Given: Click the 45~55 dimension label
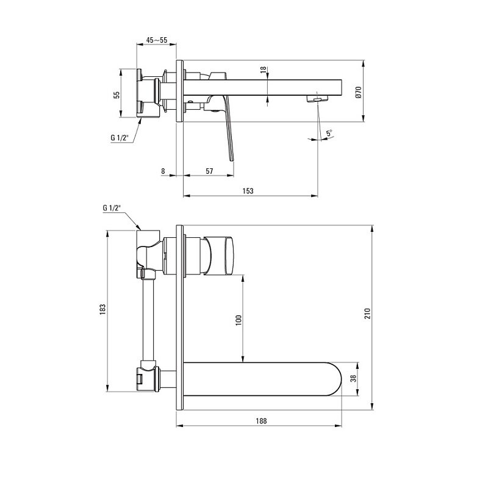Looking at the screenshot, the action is tap(157, 40).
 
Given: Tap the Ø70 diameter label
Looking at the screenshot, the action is tap(358, 93).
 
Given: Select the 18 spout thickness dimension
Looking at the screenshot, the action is tap(264, 70).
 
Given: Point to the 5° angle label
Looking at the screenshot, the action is tap(329, 133).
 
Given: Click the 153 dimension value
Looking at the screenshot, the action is tap(248, 191).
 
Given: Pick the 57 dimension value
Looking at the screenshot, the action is tap(209, 171).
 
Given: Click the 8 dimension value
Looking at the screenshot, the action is tap(163, 171).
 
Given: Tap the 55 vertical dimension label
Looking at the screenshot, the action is tap(117, 95).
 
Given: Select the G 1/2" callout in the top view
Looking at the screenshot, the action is tap(120, 138).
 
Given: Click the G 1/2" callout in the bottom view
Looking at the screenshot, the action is tap(112, 208).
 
